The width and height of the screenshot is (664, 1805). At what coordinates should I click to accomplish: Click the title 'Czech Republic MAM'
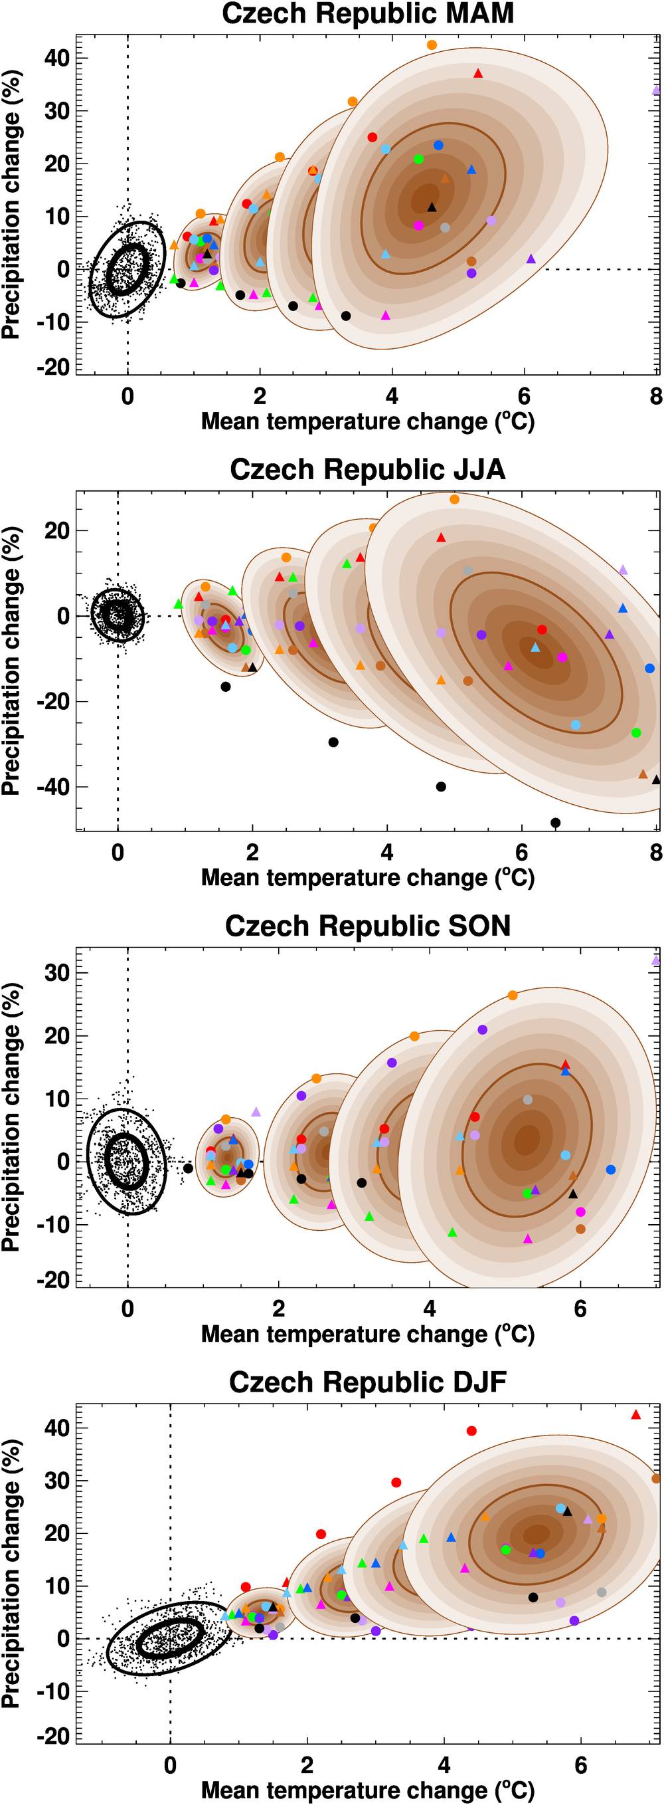(x=368, y=14)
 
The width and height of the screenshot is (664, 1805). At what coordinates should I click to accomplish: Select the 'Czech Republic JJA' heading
(x=368, y=469)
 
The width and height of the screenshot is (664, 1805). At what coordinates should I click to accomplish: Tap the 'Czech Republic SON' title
(x=368, y=926)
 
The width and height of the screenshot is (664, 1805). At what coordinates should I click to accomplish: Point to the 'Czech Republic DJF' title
(x=368, y=1382)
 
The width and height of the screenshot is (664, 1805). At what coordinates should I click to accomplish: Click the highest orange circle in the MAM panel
(x=432, y=45)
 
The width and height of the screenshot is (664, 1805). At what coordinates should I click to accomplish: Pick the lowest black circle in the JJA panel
(x=555, y=823)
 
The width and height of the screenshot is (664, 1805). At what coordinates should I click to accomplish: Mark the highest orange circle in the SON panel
(x=513, y=995)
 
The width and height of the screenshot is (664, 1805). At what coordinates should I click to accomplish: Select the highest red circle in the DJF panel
(x=471, y=1431)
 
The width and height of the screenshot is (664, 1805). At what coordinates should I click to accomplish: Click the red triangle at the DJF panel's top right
(x=636, y=1415)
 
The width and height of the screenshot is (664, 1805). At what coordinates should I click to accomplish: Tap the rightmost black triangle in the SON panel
(x=573, y=1194)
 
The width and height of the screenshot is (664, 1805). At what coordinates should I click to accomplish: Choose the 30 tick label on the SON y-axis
(x=56, y=972)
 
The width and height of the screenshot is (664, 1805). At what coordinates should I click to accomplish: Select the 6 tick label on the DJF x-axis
(x=580, y=1765)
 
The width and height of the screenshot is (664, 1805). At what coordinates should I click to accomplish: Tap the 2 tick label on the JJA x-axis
(x=252, y=853)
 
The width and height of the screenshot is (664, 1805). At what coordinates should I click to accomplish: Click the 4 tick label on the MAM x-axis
(x=392, y=397)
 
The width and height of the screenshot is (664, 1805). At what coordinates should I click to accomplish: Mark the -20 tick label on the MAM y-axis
(x=53, y=366)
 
